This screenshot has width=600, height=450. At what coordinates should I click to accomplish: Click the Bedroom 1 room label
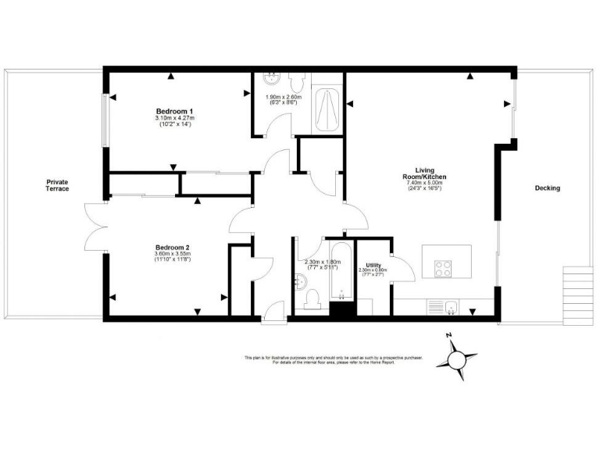(x=174, y=111)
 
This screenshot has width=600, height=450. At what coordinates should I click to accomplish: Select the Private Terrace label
(x=57, y=185)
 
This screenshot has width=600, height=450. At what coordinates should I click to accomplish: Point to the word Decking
(x=547, y=188)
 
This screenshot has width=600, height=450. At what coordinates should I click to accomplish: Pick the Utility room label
(x=373, y=266)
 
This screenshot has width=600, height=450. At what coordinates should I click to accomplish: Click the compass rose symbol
(x=456, y=359)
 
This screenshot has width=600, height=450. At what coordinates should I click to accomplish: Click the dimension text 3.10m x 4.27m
(x=174, y=118)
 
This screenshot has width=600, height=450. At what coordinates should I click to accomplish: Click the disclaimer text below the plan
(x=334, y=360)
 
